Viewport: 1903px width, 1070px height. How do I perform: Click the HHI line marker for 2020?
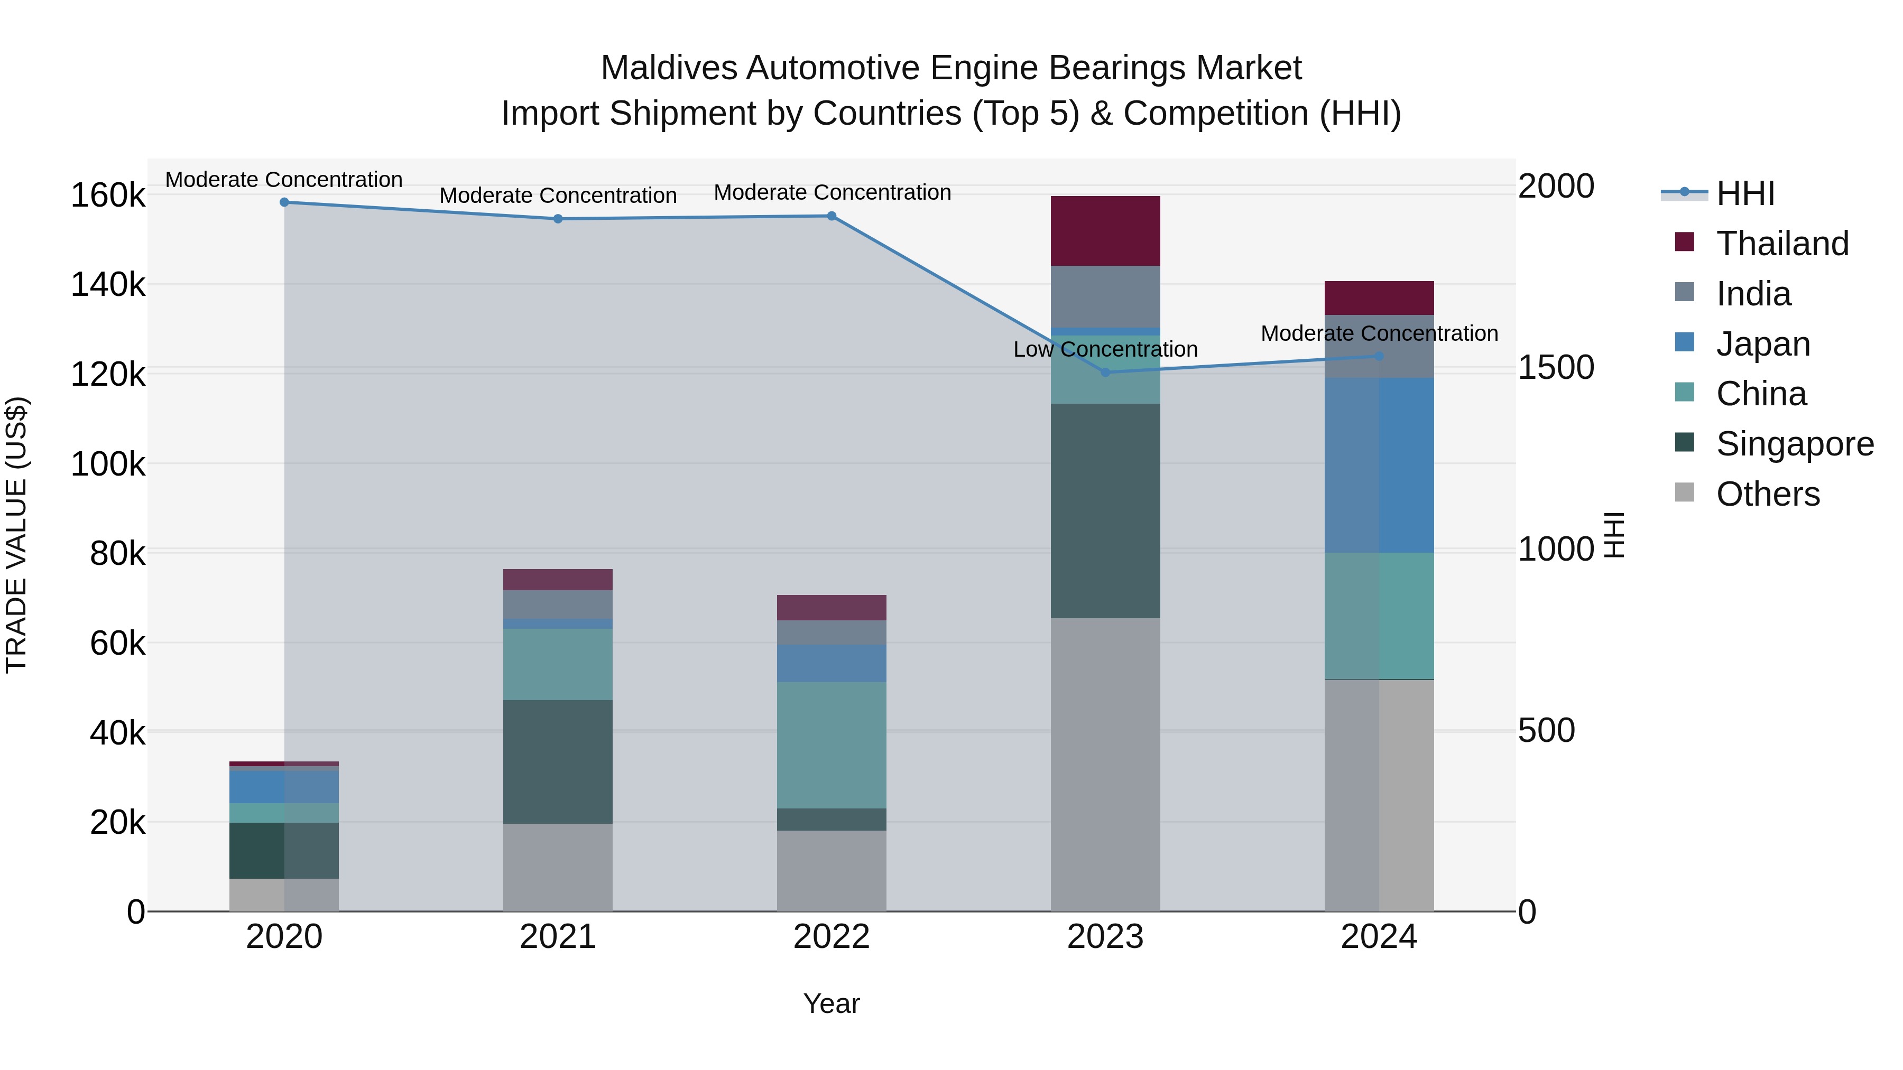(x=284, y=202)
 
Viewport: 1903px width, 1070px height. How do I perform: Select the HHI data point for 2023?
(x=1105, y=372)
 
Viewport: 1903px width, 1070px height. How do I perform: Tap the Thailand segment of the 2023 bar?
(x=1105, y=230)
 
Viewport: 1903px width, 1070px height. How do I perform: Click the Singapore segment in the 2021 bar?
(x=558, y=761)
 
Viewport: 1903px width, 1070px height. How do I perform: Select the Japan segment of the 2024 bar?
(x=1379, y=465)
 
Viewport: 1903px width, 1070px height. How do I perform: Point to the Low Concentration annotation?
(x=1105, y=349)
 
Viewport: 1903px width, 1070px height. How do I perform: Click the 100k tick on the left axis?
(x=108, y=464)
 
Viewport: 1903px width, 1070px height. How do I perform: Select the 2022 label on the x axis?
(x=831, y=937)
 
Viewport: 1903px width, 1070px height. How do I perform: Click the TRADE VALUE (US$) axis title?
(x=16, y=535)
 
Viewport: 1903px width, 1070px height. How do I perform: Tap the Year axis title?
(x=831, y=1003)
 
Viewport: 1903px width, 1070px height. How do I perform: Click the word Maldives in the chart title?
(x=669, y=68)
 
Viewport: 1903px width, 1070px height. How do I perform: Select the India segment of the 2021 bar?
(x=558, y=604)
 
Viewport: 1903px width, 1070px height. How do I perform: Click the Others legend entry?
(x=1767, y=494)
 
